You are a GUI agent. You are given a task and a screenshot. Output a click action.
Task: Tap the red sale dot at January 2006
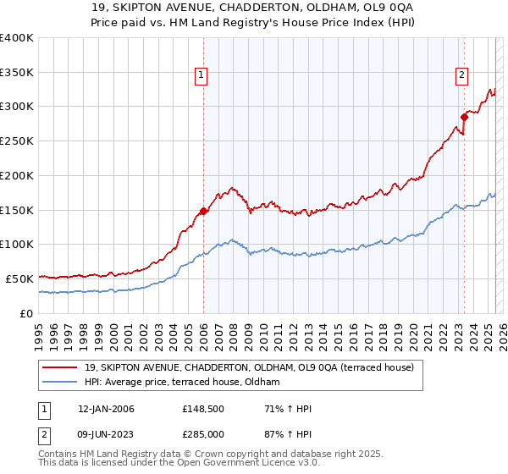[203, 211]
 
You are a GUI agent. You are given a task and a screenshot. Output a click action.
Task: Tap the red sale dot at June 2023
[464, 116]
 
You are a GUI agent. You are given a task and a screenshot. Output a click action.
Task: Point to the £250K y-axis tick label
[17, 141]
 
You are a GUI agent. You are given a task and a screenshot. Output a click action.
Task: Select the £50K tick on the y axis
[19, 278]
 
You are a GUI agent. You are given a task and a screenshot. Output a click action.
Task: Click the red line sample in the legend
[60, 367]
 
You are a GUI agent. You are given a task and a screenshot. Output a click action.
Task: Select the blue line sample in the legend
[60, 383]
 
